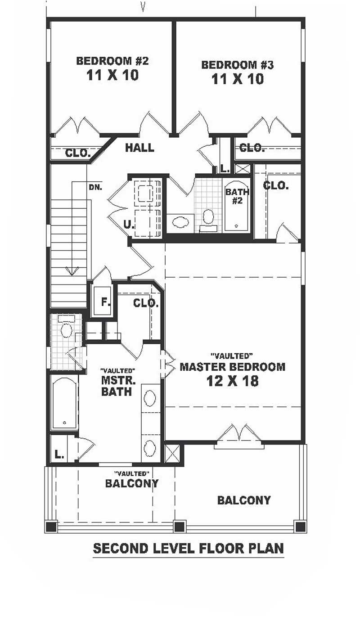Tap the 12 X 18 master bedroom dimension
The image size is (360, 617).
pyautogui.click(x=232, y=381)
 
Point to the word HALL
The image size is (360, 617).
pyautogui.click(x=139, y=148)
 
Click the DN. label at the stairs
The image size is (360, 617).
pyautogui.click(x=95, y=187)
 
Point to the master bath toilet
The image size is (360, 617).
pyautogui.click(x=66, y=329)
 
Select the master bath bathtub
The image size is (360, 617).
pyautogui.click(x=64, y=402)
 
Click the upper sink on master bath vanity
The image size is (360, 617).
pyautogui.click(x=150, y=398)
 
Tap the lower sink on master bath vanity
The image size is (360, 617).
pyautogui.click(x=150, y=448)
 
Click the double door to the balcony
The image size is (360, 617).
pyautogui.click(x=238, y=435)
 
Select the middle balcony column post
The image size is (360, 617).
pyautogui.click(x=180, y=526)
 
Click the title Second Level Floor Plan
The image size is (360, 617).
pyautogui.click(x=188, y=549)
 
